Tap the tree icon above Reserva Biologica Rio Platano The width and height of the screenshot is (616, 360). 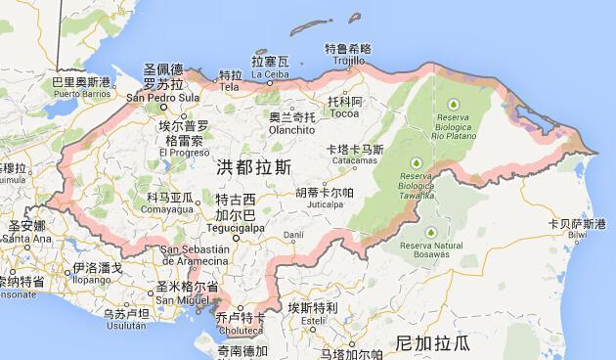tap(454, 104)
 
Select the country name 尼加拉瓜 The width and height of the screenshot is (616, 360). tap(432, 342)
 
